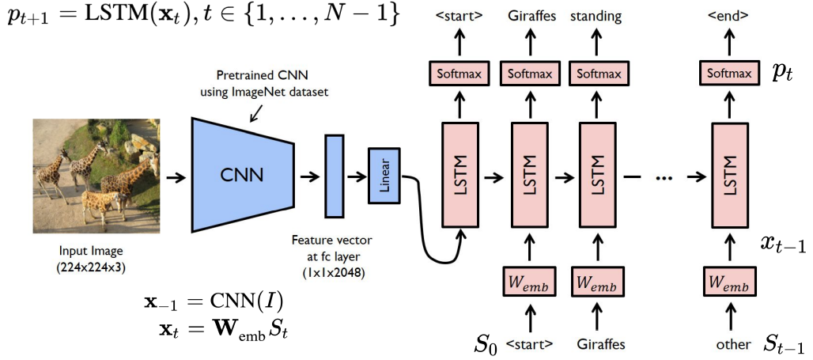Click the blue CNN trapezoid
click(x=236, y=174)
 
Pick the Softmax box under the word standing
click(x=595, y=74)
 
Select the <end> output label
click(x=728, y=16)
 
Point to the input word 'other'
click(x=732, y=344)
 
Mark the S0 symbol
click(x=486, y=343)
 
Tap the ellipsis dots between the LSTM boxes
click(x=664, y=177)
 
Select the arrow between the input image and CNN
click(x=176, y=176)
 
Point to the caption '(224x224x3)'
click(x=89, y=267)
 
